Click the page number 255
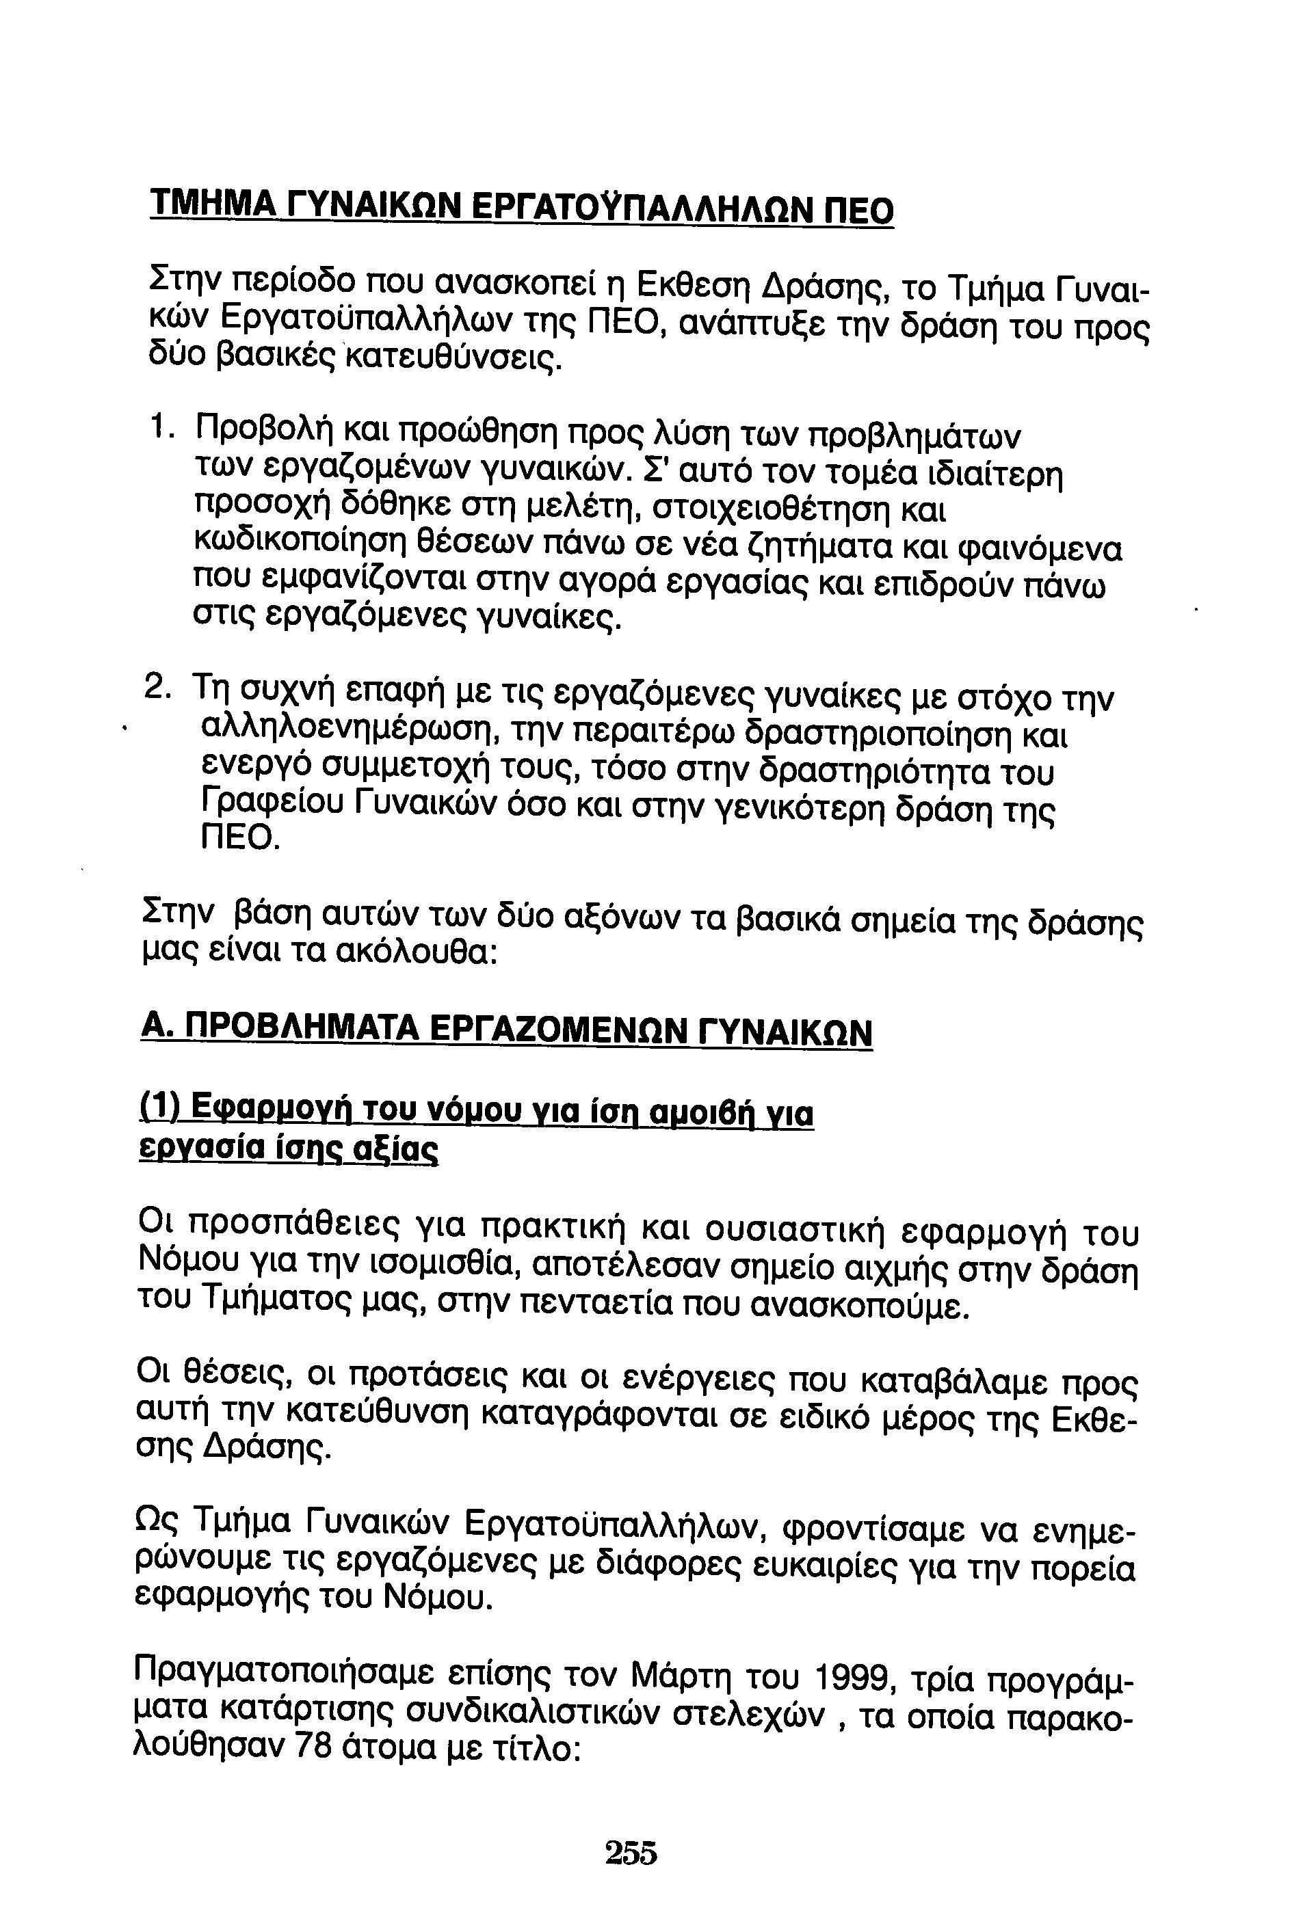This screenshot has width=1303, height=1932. (631, 1852)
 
